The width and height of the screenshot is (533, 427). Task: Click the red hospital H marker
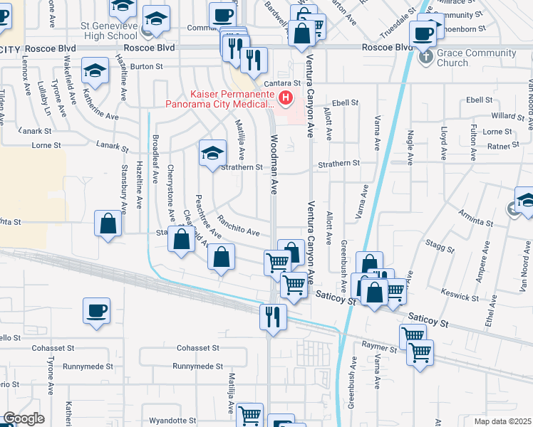(x=286, y=97)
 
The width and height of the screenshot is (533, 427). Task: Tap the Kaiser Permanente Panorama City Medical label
(x=219, y=99)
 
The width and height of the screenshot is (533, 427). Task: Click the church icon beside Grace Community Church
(x=427, y=57)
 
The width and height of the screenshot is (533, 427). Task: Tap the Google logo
(x=24, y=419)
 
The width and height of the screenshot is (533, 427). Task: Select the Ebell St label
(x=343, y=102)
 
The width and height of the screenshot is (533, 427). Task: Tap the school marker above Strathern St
(x=212, y=153)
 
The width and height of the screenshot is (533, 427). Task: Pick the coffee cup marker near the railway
(x=96, y=310)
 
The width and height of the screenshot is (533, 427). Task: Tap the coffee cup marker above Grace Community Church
(x=424, y=32)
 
